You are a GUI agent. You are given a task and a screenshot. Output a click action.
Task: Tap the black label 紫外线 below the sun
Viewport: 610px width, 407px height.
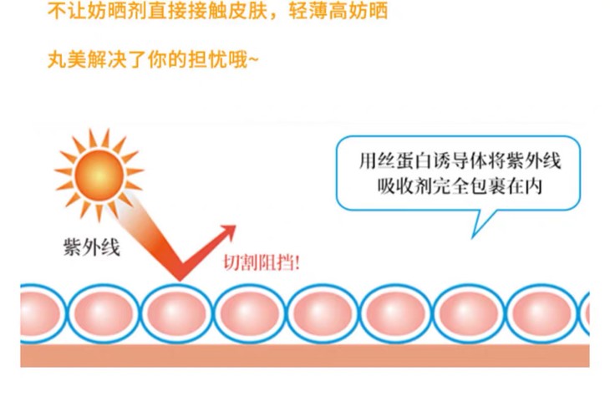click(91, 247)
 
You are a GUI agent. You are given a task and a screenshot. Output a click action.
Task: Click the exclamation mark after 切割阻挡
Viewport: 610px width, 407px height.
click(297, 262)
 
